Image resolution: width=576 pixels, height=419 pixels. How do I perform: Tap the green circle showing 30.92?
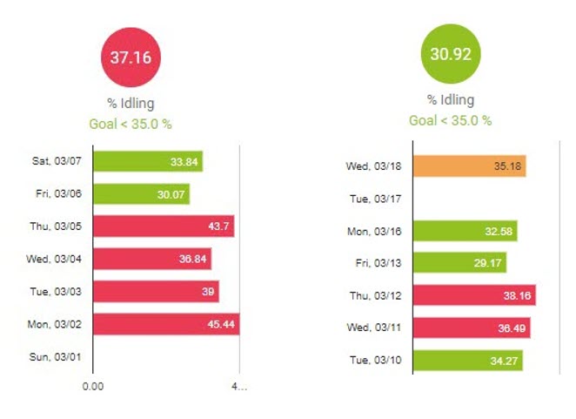tap(450, 53)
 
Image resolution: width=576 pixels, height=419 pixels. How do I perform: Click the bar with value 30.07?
tap(140, 193)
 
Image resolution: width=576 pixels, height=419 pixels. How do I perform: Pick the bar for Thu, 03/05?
tap(163, 226)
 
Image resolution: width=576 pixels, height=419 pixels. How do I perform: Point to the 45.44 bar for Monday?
tap(165, 324)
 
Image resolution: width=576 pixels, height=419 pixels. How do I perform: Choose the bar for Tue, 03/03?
tap(155, 291)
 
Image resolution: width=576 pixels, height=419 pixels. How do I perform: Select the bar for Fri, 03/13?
tap(459, 262)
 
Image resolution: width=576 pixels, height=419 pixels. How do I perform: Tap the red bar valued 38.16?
tap(473, 294)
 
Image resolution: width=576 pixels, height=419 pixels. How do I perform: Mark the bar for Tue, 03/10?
tap(467, 360)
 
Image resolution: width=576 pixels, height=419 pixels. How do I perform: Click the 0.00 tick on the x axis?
tap(92, 385)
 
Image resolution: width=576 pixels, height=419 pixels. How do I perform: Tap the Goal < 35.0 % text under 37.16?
tap(131, 124)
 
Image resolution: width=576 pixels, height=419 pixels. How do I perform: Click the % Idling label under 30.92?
tap(450, 100)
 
